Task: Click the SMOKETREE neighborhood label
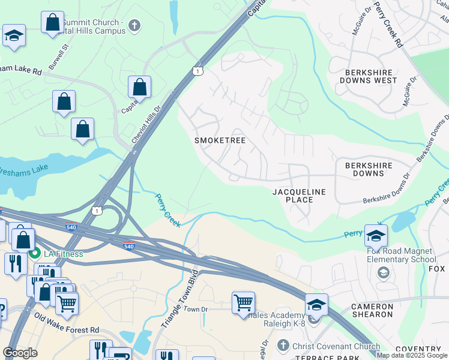(220, 140)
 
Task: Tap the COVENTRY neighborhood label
(418, 349)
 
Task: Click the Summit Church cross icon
(134, 26)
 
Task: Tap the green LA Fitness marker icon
(37, 253)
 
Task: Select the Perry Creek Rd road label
(387, 24)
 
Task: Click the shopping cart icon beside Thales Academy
(243, 303)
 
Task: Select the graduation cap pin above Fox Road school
(376, 236)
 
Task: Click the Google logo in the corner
(20, 353)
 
